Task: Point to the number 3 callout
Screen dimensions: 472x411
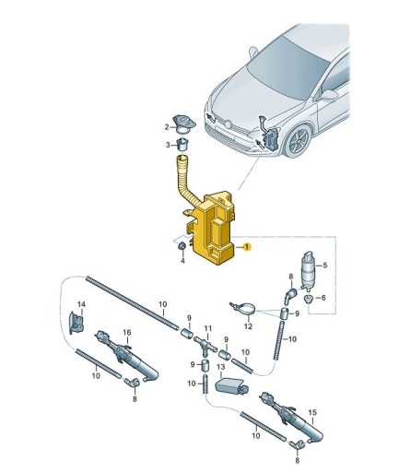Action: pos(168,145)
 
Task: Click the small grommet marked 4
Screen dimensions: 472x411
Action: pos(182,245)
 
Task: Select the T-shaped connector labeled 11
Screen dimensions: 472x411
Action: pos(207,347)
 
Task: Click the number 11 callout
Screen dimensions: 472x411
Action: pos(207,329)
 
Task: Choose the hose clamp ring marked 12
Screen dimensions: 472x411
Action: pos(241,308)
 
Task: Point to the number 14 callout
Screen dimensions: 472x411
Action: pos(80,303)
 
